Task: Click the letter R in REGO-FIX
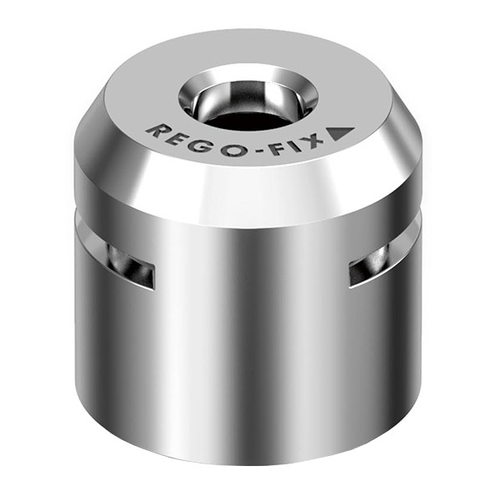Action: [155, 130]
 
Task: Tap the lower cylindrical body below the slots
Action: [251, 368]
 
